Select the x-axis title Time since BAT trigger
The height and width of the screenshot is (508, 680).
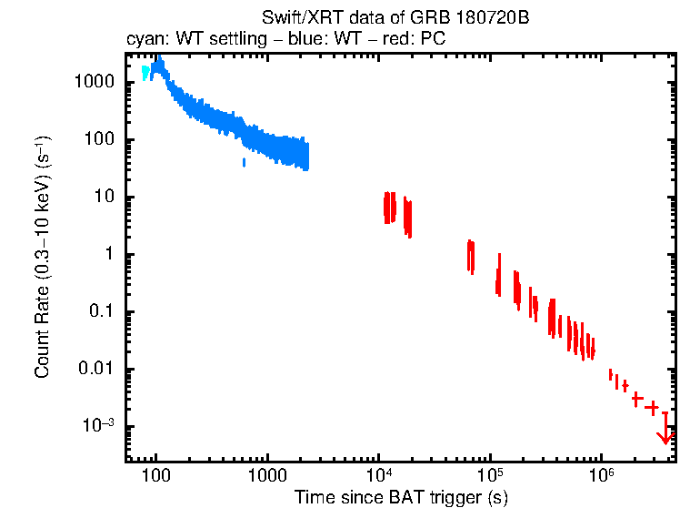click(x=401, y=497)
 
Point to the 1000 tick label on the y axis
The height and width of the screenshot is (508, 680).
click(x=94, y=82)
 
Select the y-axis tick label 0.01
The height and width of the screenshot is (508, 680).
click(x=95, y=370)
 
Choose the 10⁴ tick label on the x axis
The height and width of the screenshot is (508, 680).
click(x=378, y=475)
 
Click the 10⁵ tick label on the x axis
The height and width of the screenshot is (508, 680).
click(x=489, y=475)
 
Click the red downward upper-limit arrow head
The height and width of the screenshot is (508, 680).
click(x=665, y=439)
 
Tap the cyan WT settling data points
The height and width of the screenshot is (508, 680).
click(x=145, y=73)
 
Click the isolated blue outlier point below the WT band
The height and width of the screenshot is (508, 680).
click(x=245, y=162)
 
